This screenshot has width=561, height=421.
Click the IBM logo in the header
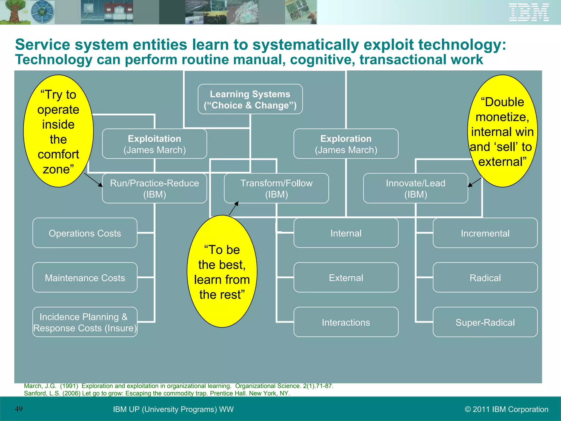[x=529, y=12]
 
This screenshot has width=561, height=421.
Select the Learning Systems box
[x=250, y=99]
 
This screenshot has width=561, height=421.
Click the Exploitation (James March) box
[x=154, y=144]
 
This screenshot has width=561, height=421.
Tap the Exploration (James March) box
[x=346, y=144]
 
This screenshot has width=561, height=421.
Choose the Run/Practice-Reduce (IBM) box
[x=154, y=188]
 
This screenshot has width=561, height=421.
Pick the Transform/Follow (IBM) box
[x=276, y=188]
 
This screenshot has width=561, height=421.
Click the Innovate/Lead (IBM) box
[x=415, y=188]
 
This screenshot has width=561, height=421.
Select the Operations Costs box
[x=85, y=233]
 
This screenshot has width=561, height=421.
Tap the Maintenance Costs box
[x=85, y=278]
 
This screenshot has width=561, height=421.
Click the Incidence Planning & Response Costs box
[x=85, y=322]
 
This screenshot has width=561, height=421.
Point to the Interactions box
[x=346, y=322]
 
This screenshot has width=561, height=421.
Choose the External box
[x=346, y=278]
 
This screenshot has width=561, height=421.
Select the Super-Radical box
[x=485, y=322]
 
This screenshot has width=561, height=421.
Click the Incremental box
[x=485, y=233]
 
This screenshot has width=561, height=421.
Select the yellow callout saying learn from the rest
[x=222, y=271]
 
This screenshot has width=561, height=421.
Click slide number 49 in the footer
[x=19, y=409]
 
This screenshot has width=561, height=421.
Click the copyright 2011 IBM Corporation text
[x=506, y=409]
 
